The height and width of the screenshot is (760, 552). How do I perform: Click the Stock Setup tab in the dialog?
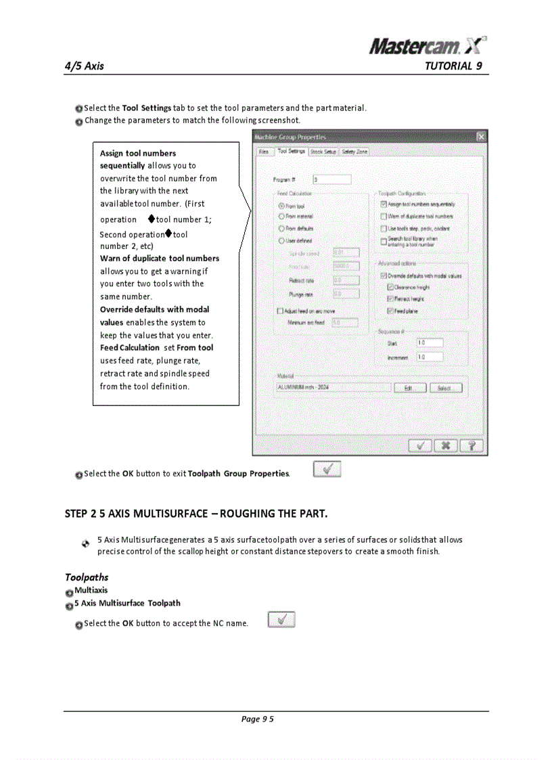(x=323, y=152)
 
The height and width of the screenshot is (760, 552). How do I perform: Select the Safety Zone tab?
(x=354, y=152)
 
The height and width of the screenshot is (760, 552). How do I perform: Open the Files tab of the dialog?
(x=264, y=152)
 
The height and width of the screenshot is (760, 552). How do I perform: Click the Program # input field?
(x=331, y=179)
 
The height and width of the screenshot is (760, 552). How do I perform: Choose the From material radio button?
(x=281, y=217)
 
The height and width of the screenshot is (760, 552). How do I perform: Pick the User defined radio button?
(x=281, y=240)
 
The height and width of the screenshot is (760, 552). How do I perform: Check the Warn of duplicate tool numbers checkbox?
(x=384, y=217)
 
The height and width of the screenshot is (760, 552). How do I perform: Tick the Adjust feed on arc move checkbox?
(x=281, y=311)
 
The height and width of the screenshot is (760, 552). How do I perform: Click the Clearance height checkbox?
(x=390, y=287)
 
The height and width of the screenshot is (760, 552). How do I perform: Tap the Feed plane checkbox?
(x=390, y=311)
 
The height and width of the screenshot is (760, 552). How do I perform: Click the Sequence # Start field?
(x=430, y=344)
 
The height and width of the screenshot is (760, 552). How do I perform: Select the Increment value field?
(x=430, y=357)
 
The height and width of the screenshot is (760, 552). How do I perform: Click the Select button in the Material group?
(x=446, y=388)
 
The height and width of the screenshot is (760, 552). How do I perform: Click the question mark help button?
(x=472, y=445)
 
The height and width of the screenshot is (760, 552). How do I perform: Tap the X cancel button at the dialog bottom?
(x=446, y=445)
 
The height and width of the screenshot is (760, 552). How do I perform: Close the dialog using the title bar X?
(x=481, y=137)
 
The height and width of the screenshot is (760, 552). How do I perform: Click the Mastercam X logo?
(x=428, y=45)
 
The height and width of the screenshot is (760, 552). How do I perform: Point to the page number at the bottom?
(x=258, y=719)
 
